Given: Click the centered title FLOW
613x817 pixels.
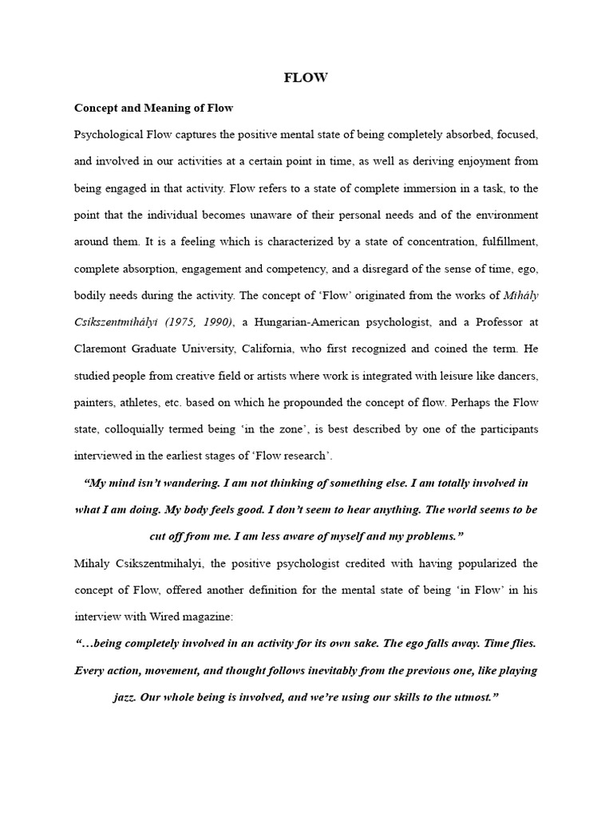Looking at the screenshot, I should (306, 77).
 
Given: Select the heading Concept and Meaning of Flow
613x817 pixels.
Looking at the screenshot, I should (153, 107).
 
